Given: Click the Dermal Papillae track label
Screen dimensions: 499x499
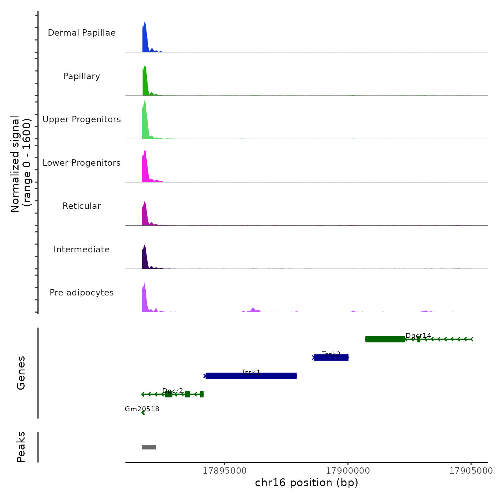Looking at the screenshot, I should pos(82,33).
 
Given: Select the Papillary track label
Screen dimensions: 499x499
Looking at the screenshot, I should pos(82,76).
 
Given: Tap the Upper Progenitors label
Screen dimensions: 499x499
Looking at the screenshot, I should pos(82,119).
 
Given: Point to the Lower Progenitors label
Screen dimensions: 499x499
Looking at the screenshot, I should pos(82,163).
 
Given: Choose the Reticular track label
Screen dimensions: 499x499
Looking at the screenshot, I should pos(82,206).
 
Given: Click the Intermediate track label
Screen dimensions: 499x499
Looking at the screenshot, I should pos(82,249).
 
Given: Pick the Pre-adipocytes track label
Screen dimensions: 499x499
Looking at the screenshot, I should pos(82,293).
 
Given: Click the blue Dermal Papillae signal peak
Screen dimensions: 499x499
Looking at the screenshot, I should pos(145,39).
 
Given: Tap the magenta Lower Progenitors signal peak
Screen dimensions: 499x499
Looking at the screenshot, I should pos(145,168).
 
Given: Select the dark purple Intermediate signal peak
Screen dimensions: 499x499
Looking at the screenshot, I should pos(144,258).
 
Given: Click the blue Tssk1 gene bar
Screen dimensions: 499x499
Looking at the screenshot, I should pos(251,376).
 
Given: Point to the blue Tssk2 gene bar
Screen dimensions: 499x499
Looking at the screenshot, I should pos(331,357).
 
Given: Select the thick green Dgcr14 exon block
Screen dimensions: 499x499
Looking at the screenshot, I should pos(385,339).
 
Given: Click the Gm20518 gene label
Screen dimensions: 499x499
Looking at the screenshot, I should pos(142,409).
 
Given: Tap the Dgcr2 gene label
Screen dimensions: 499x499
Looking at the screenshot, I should pos(173,391).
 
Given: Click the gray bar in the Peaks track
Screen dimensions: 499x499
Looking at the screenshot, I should pos(149,447).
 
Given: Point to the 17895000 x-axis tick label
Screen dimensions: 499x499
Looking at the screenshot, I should pos(225,471).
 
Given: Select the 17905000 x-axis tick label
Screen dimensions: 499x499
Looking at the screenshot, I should pos(471,471).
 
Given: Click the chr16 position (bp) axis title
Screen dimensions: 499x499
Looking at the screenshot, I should pos(307,483).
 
